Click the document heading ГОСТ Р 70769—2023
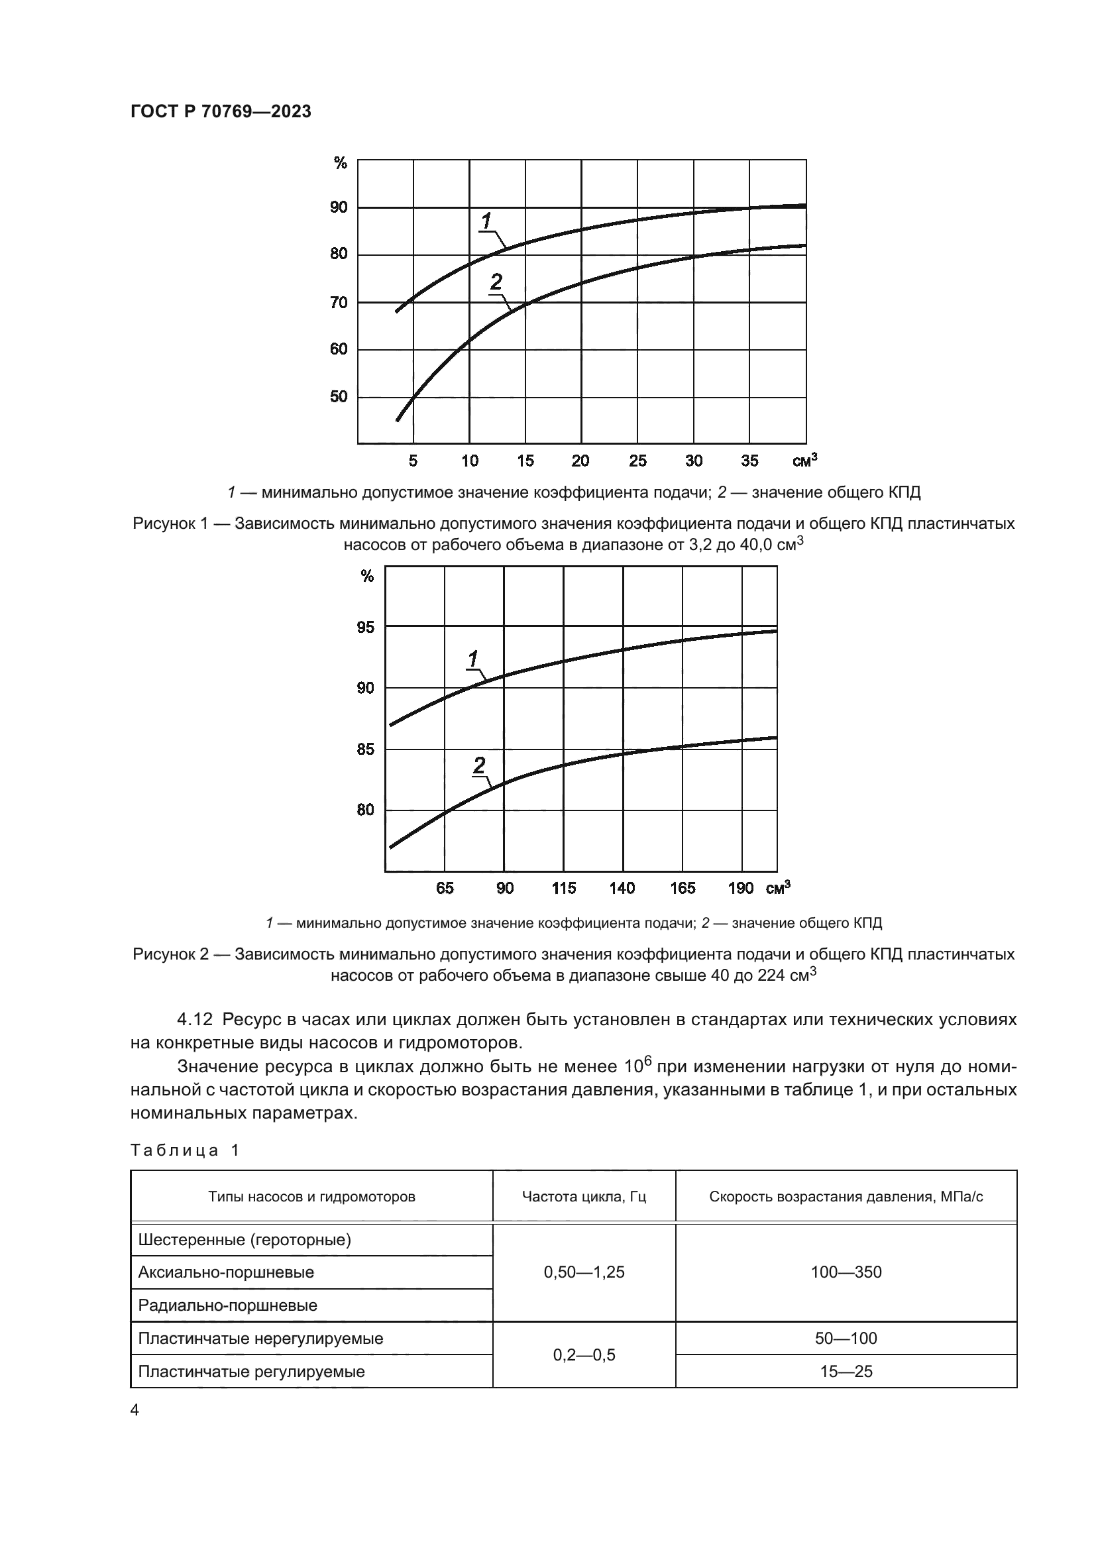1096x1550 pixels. click(221, 112)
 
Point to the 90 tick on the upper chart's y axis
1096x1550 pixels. click(339, 207)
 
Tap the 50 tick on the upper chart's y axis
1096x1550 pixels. click(339, 397)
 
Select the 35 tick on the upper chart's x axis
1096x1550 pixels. click(750, 461)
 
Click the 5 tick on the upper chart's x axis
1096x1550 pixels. click(413, 461)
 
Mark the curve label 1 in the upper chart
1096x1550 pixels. click(486, 220)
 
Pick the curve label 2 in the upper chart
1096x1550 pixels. click(496, 282)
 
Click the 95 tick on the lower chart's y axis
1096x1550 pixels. click(365, 628)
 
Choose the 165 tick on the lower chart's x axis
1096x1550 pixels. click(683, 889)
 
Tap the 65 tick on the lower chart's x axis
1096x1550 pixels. click(445, 889)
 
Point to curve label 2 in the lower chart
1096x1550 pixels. click(479, 765)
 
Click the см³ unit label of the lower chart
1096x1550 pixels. click(778, 888)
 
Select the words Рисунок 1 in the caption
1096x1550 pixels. click(170, 524)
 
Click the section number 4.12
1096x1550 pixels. click(195, 1019)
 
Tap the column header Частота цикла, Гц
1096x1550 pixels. click(584, 1197)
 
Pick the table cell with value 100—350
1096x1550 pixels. click(846, 1272)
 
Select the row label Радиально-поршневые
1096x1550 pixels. click(227, 1305)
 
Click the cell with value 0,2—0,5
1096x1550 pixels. click(584, 1355)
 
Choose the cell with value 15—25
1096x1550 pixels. click(846, 1372)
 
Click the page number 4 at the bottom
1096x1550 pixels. click(135, 1410)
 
